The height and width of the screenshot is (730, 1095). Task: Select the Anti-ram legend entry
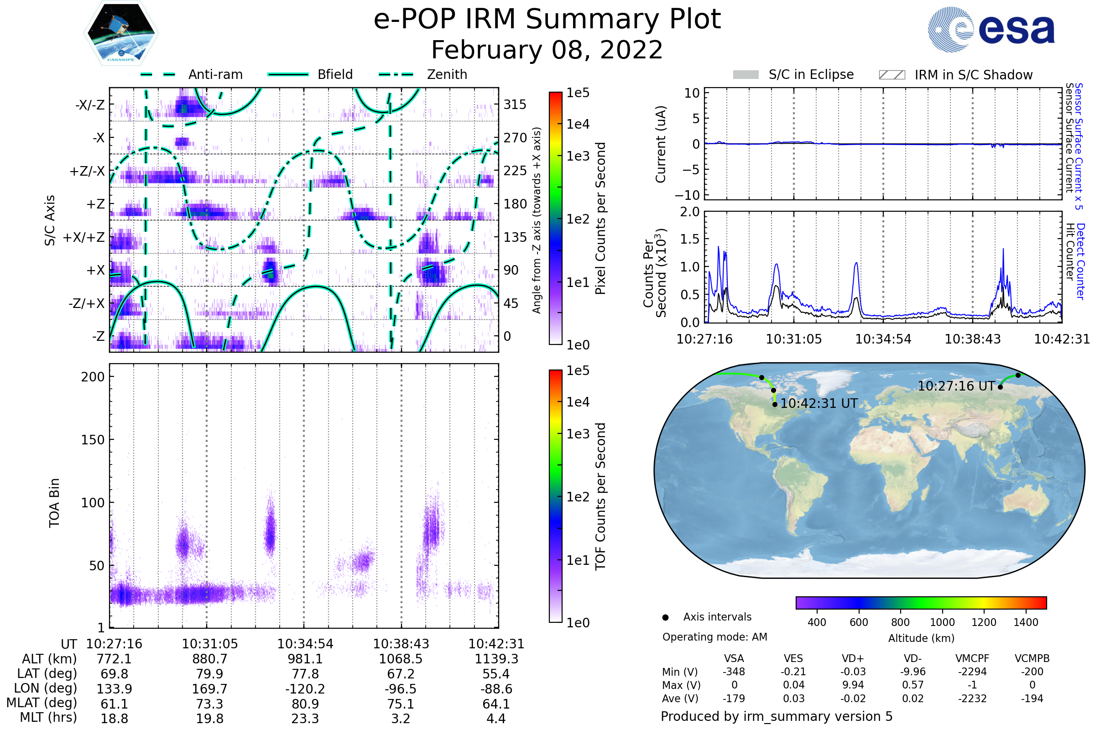click(215, 74)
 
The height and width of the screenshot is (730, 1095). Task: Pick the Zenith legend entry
click(447, 74)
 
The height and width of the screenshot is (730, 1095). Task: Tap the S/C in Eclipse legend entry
click(811, 74)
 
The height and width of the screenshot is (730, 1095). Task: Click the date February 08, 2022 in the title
click(547, 50)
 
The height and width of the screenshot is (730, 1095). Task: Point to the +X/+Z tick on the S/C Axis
click(84, 237)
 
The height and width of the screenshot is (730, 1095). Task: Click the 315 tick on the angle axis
click(515, 104)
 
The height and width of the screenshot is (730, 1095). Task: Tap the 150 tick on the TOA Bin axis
click(93, 440)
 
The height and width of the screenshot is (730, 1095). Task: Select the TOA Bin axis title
click(54, 503)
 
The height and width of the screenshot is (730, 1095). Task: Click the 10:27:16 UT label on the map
click(956, 386)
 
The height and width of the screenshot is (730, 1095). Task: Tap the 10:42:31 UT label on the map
click(819, 404)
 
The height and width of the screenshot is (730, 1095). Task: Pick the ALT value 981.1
click(305, 659)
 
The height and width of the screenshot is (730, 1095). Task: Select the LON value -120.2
click(305, 688)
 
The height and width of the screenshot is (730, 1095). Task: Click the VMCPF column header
click(972, 658)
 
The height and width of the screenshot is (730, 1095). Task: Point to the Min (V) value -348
click(734, 672)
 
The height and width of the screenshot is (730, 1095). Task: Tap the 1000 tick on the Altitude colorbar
click(942, 622)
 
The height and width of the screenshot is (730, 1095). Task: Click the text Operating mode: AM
click(714, 637)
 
